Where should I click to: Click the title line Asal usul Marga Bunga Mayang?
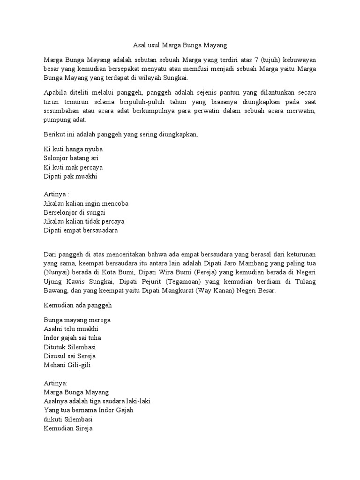180,46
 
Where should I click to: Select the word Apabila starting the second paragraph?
55,92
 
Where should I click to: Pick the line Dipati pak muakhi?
70,176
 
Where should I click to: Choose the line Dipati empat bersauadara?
81,230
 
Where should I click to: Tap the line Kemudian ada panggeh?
78,305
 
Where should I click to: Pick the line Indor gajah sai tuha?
72,337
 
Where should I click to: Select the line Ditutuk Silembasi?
69,346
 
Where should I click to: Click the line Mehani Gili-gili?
67,364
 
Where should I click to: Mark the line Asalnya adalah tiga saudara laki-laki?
97,401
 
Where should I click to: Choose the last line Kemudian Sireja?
68,427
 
